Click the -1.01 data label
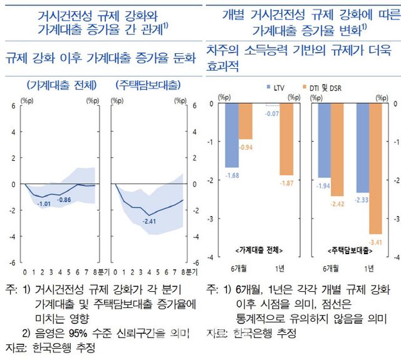coord(44,204)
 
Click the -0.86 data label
coord(65,199)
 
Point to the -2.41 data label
coord(149,221)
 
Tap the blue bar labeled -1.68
coord(232,135)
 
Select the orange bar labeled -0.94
coord(246,121)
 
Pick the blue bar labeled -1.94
coord(324,140)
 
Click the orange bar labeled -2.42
coord(338,150)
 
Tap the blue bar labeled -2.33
coord(363,148)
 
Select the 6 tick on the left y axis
coord(13,106)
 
